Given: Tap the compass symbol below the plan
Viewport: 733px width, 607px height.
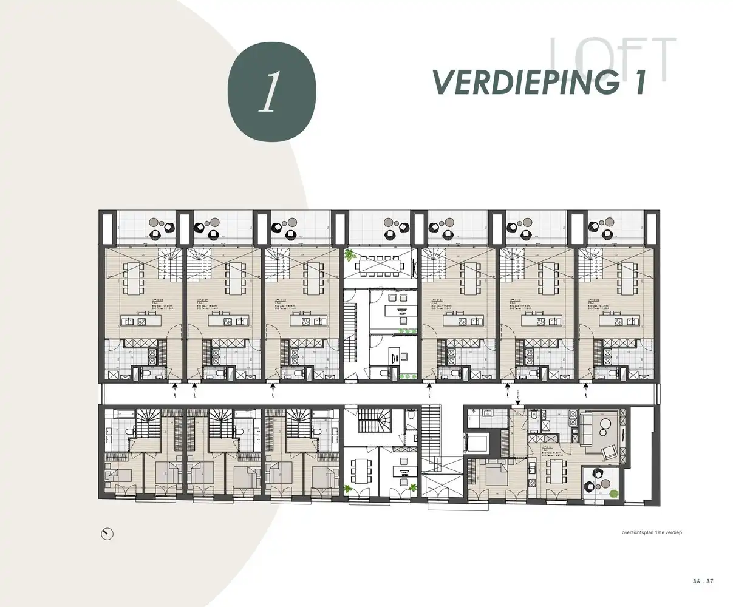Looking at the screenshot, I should click(x=107, y=534).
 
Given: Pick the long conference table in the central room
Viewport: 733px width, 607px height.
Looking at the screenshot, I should click(x=381, y=265).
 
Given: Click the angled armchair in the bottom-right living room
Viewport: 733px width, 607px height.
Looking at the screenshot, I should click(x=607, y=452).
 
